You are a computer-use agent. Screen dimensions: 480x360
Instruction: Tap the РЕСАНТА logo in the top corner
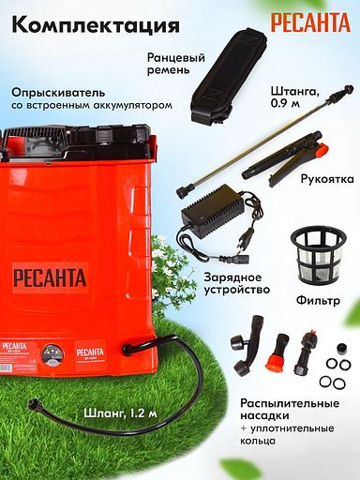[x=309, y=22]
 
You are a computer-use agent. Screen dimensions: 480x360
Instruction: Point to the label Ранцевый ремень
[x=175, y=65]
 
